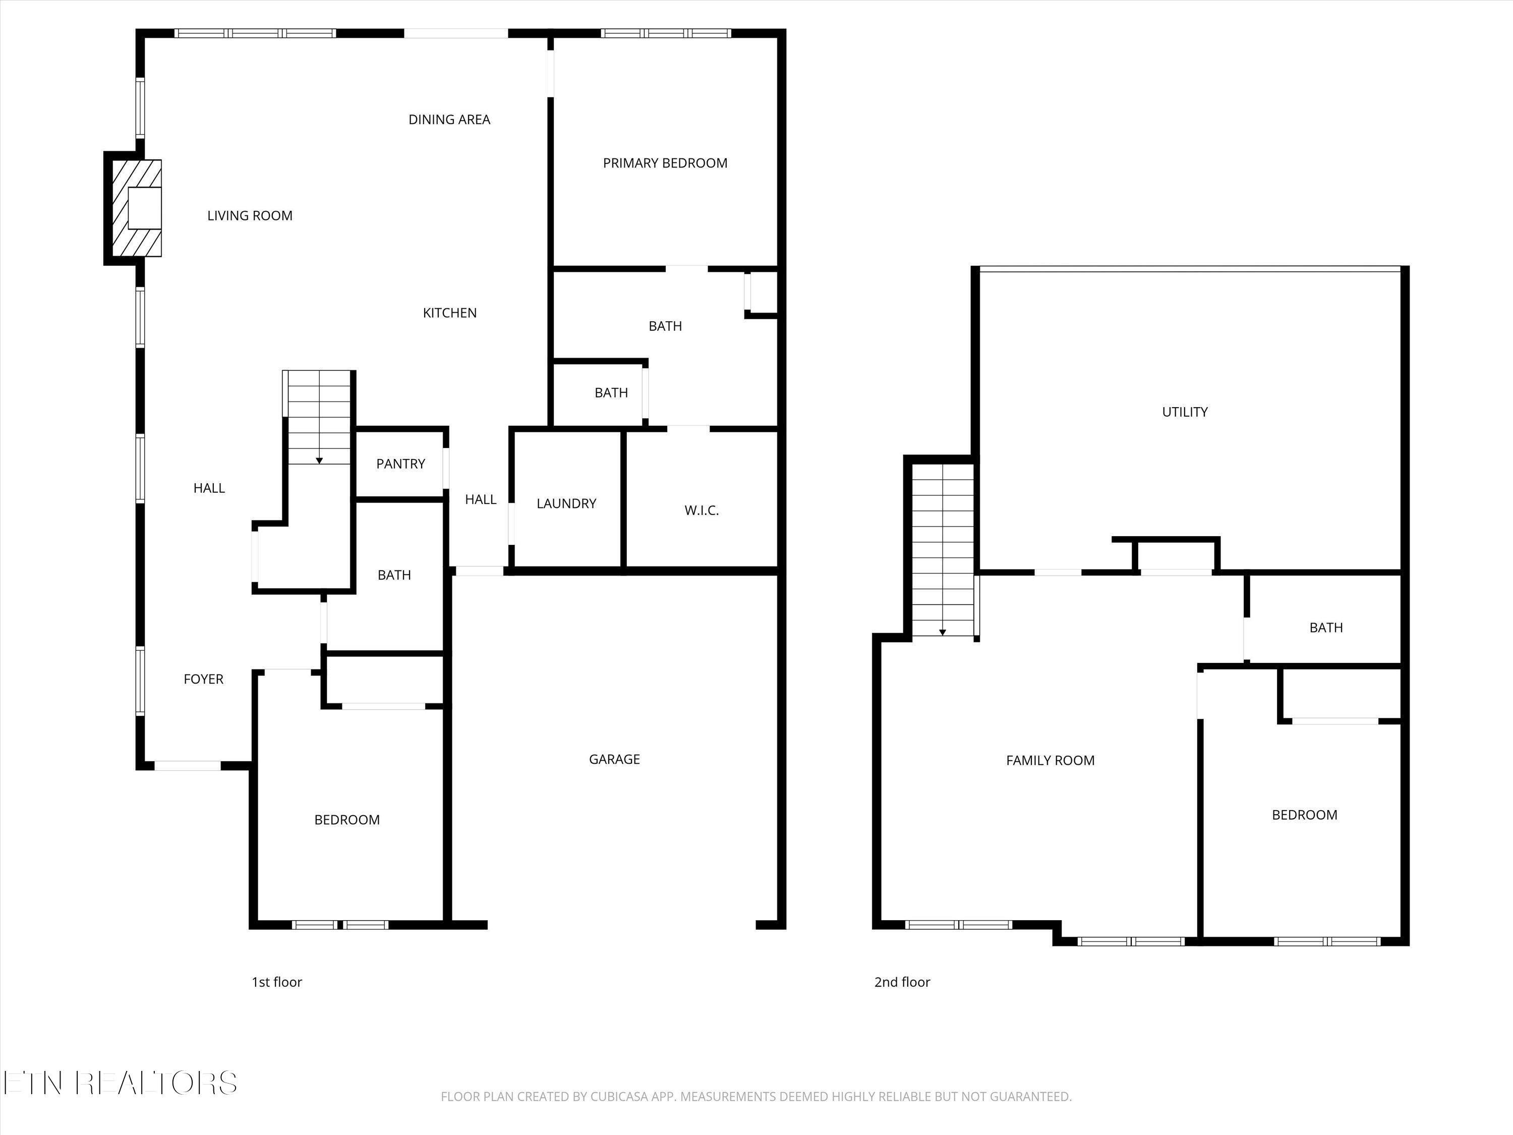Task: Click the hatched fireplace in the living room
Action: pos(136,208)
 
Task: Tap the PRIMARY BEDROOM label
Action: pos(665,163)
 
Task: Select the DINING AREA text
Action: pos(449,120)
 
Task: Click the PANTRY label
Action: pos(400,464)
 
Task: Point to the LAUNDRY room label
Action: pos(566,503)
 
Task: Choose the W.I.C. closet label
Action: pos(701,510)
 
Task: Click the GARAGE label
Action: pos(614,759)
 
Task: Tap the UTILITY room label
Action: pos(1185,412)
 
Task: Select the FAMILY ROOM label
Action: pos(1050,760)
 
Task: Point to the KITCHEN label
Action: pos(449,313)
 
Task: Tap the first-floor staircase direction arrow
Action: pos(319,461)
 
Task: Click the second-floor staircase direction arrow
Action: pos(943,632)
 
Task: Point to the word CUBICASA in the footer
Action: pos(620,1097)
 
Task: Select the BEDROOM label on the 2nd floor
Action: pos(1304,815)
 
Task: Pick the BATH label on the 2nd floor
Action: pos(1325,628)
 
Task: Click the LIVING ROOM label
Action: pos(250,215)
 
